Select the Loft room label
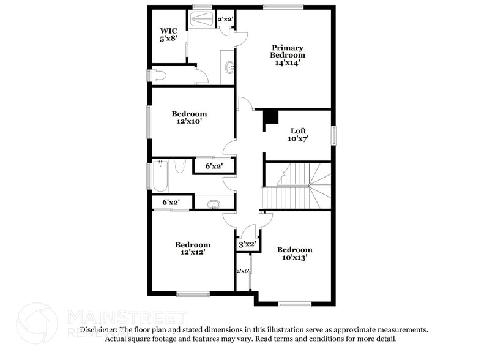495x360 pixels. tap(299, 130)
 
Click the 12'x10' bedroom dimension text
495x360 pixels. tap(189, 121)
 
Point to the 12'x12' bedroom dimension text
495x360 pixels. tap(192, 252)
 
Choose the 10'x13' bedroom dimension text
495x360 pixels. tap(294, 257)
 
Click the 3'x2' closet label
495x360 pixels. tap(247, 244)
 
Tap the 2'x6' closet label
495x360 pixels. tap(243, 271)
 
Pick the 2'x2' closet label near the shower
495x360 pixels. tap(226, 19)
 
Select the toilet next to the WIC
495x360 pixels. tap(158, 75)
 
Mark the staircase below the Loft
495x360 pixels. tap(297, 186)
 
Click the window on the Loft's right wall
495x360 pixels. tap(334, 135)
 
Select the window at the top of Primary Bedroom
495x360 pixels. tap(283, 7)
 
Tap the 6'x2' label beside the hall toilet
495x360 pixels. tap(214, 166)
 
